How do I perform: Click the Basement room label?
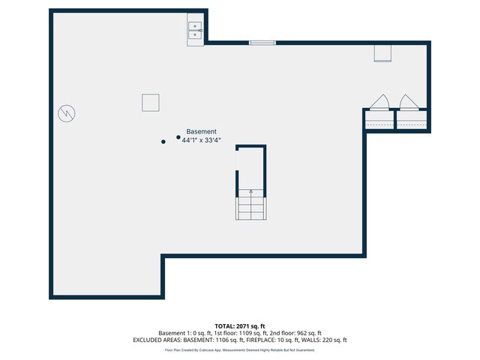click(201, 131)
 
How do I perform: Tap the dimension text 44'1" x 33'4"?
click(201, 139)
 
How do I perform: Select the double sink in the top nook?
click(195, 30)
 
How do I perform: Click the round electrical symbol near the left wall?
click(67, 114)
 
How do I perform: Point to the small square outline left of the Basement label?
click(151, 102)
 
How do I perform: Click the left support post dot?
click(163, 142)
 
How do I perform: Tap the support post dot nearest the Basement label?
click(178, 137)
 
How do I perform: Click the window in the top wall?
click(262, 42)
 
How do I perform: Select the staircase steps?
click(250, 206)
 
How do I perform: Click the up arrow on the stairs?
click(250, 193)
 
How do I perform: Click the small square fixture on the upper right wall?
click(383, 52)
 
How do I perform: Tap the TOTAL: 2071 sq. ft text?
click(239, 326)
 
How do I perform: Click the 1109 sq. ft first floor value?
click(255, 333)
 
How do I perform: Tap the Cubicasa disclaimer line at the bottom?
click(239, 349)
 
